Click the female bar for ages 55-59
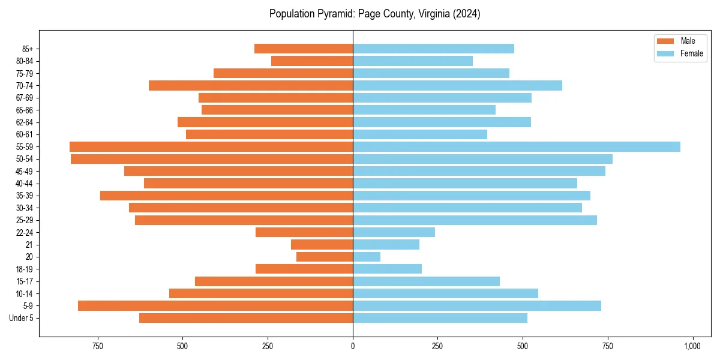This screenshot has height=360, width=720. (516, 146)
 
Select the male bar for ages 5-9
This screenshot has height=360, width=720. (215, 305)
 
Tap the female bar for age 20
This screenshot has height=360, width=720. (367, 257)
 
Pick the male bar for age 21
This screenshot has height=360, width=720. (322, 244)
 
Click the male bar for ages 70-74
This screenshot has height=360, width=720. (251, 85)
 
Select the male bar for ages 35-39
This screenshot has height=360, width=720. (226, 196)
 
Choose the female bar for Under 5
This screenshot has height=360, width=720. (440, 318)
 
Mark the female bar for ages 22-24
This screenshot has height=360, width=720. (394, 232)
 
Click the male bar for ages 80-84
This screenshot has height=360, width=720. (312, 61)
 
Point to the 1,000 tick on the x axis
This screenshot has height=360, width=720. (692, 346)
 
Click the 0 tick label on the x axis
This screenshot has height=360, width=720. (353, 346)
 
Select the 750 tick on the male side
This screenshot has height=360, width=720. (98, 346)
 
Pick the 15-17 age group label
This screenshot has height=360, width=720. (25, 281)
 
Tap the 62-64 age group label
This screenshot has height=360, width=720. (25, 122)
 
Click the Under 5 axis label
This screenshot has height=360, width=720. (22, 318)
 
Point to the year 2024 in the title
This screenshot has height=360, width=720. (468, 14)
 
